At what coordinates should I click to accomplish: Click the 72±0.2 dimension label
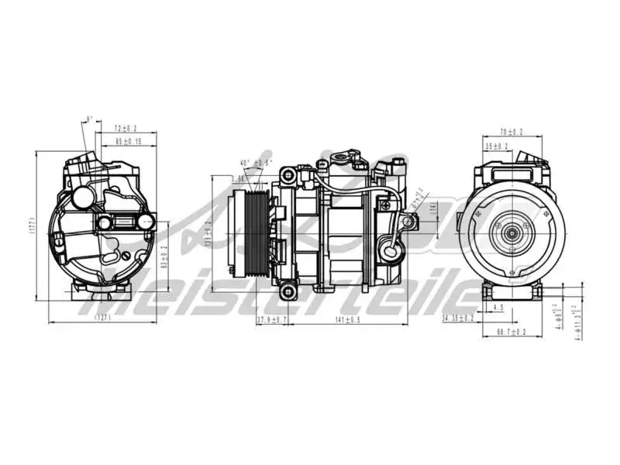tap(126, 127)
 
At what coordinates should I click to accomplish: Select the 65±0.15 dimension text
tap(128, 141)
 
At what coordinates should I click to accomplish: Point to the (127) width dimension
tap(102, 318)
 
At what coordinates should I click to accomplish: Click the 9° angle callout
tap(89, 119)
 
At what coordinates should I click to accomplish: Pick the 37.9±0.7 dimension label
tap(272, 319)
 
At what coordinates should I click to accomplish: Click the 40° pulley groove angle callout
tap(256, 163)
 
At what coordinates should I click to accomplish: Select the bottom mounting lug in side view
tap(288, 291)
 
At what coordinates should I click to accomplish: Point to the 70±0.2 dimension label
tap(512, 133)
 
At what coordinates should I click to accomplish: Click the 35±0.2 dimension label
tap(497, 146)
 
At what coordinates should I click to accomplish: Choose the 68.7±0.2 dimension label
tap(511, 332)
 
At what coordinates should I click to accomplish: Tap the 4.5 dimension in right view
tap(498, 308)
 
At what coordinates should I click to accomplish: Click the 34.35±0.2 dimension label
tap(460, 318)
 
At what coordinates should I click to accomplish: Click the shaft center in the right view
tap(511, 231)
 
